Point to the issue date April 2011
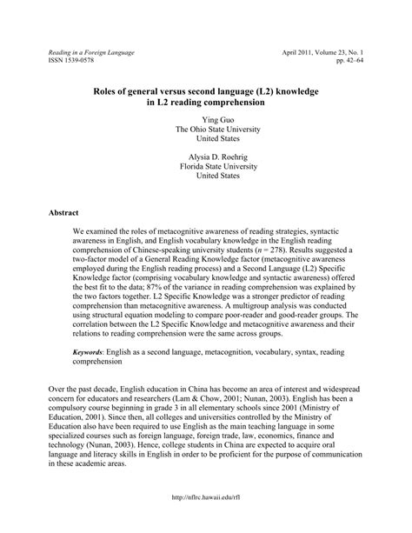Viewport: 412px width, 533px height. click(x=302, y=53)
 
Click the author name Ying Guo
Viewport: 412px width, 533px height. click(x=206, y=118)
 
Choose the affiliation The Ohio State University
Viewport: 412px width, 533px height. click(x=206, y=129)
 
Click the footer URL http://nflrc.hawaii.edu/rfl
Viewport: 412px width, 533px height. click(x=206, y=519)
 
